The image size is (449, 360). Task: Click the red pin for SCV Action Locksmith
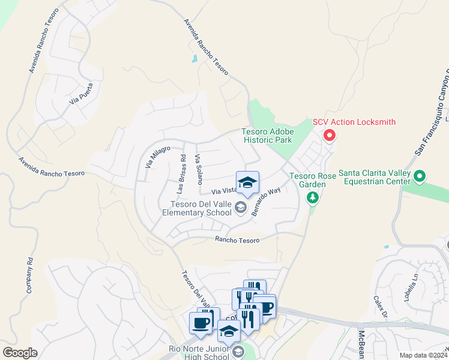329,135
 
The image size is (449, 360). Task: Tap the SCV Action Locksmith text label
354,122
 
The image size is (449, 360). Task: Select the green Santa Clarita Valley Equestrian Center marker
420,176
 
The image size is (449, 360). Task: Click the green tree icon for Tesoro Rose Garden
312,197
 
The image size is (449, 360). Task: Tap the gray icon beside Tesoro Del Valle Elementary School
241,208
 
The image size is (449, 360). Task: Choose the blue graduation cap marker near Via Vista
247,184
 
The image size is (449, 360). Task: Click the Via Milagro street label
158,157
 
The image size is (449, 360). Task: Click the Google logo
20,352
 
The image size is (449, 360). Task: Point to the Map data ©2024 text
423,355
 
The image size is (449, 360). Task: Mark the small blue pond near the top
194,59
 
